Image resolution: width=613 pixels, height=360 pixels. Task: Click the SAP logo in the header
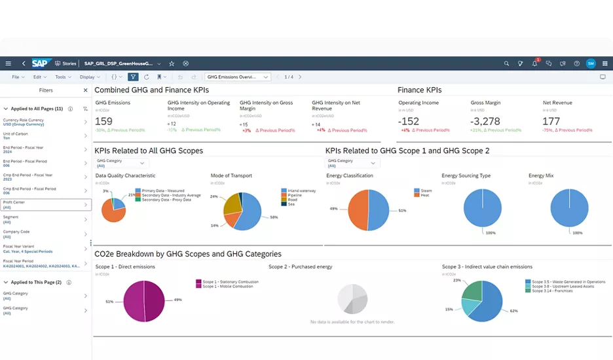click(41, 63)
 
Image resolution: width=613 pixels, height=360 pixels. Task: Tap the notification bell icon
click(534, 63)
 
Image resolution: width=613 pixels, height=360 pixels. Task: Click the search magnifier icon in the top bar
click(506, 63)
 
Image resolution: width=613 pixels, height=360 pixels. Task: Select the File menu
click(15, 77)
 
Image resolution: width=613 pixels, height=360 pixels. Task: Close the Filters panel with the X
click(85, 90)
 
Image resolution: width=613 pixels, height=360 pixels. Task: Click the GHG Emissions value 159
click(104, 121)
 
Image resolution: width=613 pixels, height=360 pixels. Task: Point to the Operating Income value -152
click(409, 121)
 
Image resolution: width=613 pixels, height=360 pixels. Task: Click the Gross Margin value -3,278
click(485, 121)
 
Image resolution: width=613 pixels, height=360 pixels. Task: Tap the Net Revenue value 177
click(551, 121)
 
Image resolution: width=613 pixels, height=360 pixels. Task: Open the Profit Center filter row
click(46, 205)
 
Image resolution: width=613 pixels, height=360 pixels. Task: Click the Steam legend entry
click(426, 190)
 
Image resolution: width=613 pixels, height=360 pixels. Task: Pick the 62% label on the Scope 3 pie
click(513, 311)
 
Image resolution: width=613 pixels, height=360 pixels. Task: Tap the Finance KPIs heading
click(419, 90)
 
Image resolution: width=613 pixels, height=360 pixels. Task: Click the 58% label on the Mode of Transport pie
click(273, 217)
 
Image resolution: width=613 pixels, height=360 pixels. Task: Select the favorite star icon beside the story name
click(172, 63)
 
